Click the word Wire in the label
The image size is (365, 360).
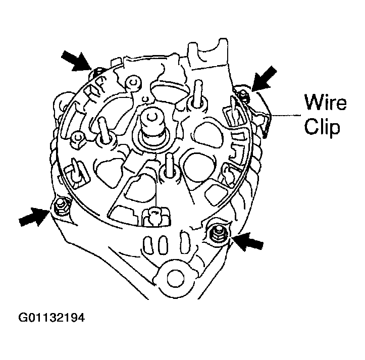325,103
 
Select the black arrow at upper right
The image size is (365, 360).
264,78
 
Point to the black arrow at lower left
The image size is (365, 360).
34,216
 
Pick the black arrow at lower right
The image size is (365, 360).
249,242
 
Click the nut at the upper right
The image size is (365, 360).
243,94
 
